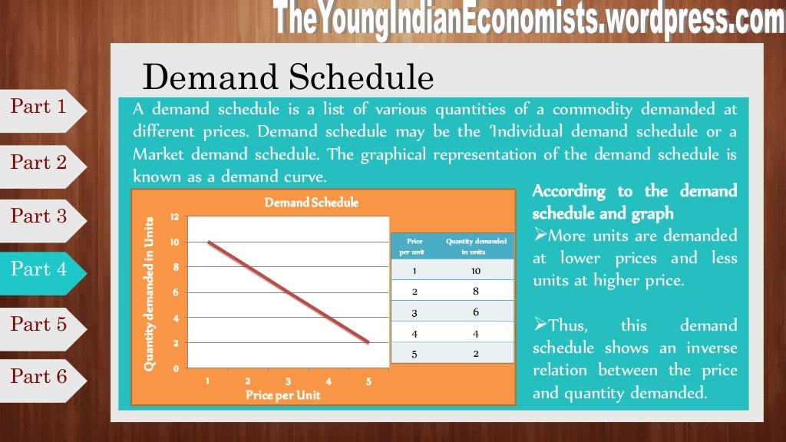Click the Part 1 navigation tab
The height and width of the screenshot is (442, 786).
pyautogui.click(x=40, y=107)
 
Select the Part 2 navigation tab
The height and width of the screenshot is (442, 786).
pyautogui.click(x=40, y=162)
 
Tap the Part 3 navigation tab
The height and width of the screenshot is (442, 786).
pyautogui.click(x=40, y=216)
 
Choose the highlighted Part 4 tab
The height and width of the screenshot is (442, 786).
pyautogui.click(x=40, y=269)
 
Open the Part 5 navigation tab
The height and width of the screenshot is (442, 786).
pyautogui.click(x=40, y=324)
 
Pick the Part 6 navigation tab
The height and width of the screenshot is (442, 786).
pyautogui.click(x=40, y=377)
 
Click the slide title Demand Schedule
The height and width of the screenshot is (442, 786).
pyautogui.click(x=288, y=78)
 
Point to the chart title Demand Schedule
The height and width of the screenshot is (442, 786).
pyautogui.click(x=312, y=203)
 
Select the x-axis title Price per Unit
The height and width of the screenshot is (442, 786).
pyautogui.click(x=283, y=395)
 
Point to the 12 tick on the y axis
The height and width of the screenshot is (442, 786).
pyautogui.click(x=174, y=217)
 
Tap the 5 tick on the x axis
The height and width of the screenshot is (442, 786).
pyautogui.click(x=368, y=381)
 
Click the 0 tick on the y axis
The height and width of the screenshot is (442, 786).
pyautogui.click(x=176, y=368)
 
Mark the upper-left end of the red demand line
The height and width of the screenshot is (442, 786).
pyautogui.click(x=209, y=242)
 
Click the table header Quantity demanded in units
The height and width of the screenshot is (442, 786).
pyautogui.click(x=476, y=246)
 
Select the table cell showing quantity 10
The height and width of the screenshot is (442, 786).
pyautogui.click(x=476, y=270)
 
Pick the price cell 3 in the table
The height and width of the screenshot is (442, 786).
pyautogui.click(x=415, y=312)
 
